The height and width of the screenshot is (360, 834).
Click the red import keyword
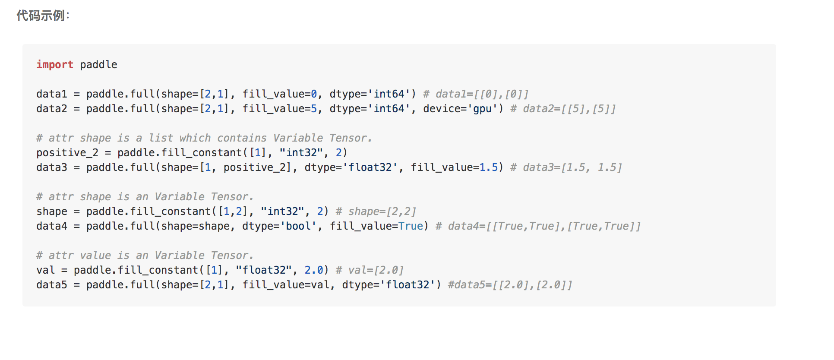point(54,65)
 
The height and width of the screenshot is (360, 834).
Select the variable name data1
point(51,94)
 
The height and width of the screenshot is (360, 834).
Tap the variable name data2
point(51,109)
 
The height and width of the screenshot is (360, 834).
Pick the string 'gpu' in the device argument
point(482,109)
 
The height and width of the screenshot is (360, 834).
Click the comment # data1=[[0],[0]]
point(476,94)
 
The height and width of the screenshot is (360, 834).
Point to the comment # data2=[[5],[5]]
point(563,109)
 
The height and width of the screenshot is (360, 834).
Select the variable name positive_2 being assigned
point(67,153)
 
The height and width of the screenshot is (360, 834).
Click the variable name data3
point(51,167)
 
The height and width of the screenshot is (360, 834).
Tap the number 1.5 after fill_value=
point(488,167)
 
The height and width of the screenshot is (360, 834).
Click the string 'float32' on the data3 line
point(372,167)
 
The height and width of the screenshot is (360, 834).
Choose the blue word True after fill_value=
point(411,226)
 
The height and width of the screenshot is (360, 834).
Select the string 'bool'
point(298,226)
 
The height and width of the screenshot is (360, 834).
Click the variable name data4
point(51,226)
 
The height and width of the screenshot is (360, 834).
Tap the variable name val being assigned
point(45,270)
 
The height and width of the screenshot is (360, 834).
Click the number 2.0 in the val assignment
point(314,270)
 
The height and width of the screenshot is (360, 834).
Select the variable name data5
point(51,285)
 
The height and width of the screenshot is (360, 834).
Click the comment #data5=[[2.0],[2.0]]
point(510,285)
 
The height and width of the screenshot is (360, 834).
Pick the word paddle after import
point(98,65)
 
